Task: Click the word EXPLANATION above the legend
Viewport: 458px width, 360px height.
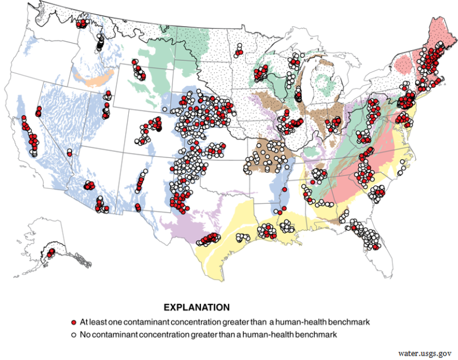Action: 196,308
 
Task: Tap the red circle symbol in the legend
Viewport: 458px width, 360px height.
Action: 73,322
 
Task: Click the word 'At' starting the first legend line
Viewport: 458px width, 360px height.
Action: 85,322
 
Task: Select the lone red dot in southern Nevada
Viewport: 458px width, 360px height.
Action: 70,153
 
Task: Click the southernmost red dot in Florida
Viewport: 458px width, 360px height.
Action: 376,247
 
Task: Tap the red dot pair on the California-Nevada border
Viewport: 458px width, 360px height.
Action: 38,111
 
